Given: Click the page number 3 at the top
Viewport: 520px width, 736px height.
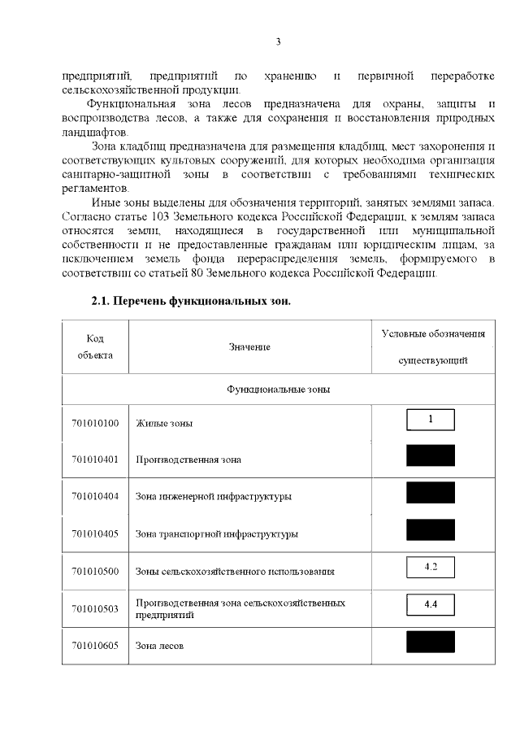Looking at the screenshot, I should tap(278, 41).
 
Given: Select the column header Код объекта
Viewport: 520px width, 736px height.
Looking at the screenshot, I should tap(95, 347).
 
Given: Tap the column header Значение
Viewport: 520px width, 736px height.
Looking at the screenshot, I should tap(249, 347).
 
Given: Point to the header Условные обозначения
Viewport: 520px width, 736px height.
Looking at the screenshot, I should tap(433, 334).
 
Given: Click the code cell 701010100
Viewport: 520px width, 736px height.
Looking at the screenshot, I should tap(95, 423).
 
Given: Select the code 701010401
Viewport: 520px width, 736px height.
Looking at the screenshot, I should tap(95, 459).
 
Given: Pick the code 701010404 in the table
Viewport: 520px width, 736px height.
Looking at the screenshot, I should tap(95, 496).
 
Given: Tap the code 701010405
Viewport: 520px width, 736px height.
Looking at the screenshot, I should tap(95, 533).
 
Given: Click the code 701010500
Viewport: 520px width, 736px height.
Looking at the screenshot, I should tap(95, 571).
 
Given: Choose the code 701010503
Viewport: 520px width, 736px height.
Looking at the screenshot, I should tap(95, 608).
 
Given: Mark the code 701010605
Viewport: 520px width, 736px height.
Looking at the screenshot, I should tap(95, 646).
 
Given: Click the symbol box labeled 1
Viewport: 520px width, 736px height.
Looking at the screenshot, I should tap(430, 420).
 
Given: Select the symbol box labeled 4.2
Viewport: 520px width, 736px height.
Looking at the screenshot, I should tap(430, 567).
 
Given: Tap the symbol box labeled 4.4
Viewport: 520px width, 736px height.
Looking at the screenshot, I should tap(430, 605).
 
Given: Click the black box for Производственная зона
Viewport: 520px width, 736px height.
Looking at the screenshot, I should tap(430, 455).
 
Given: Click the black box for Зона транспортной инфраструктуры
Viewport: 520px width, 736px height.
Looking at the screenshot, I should tap(430, 530).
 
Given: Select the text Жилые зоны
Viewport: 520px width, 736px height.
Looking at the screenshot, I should tap(164, 424).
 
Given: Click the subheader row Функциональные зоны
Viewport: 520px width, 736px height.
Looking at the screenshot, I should tap(278, 389).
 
